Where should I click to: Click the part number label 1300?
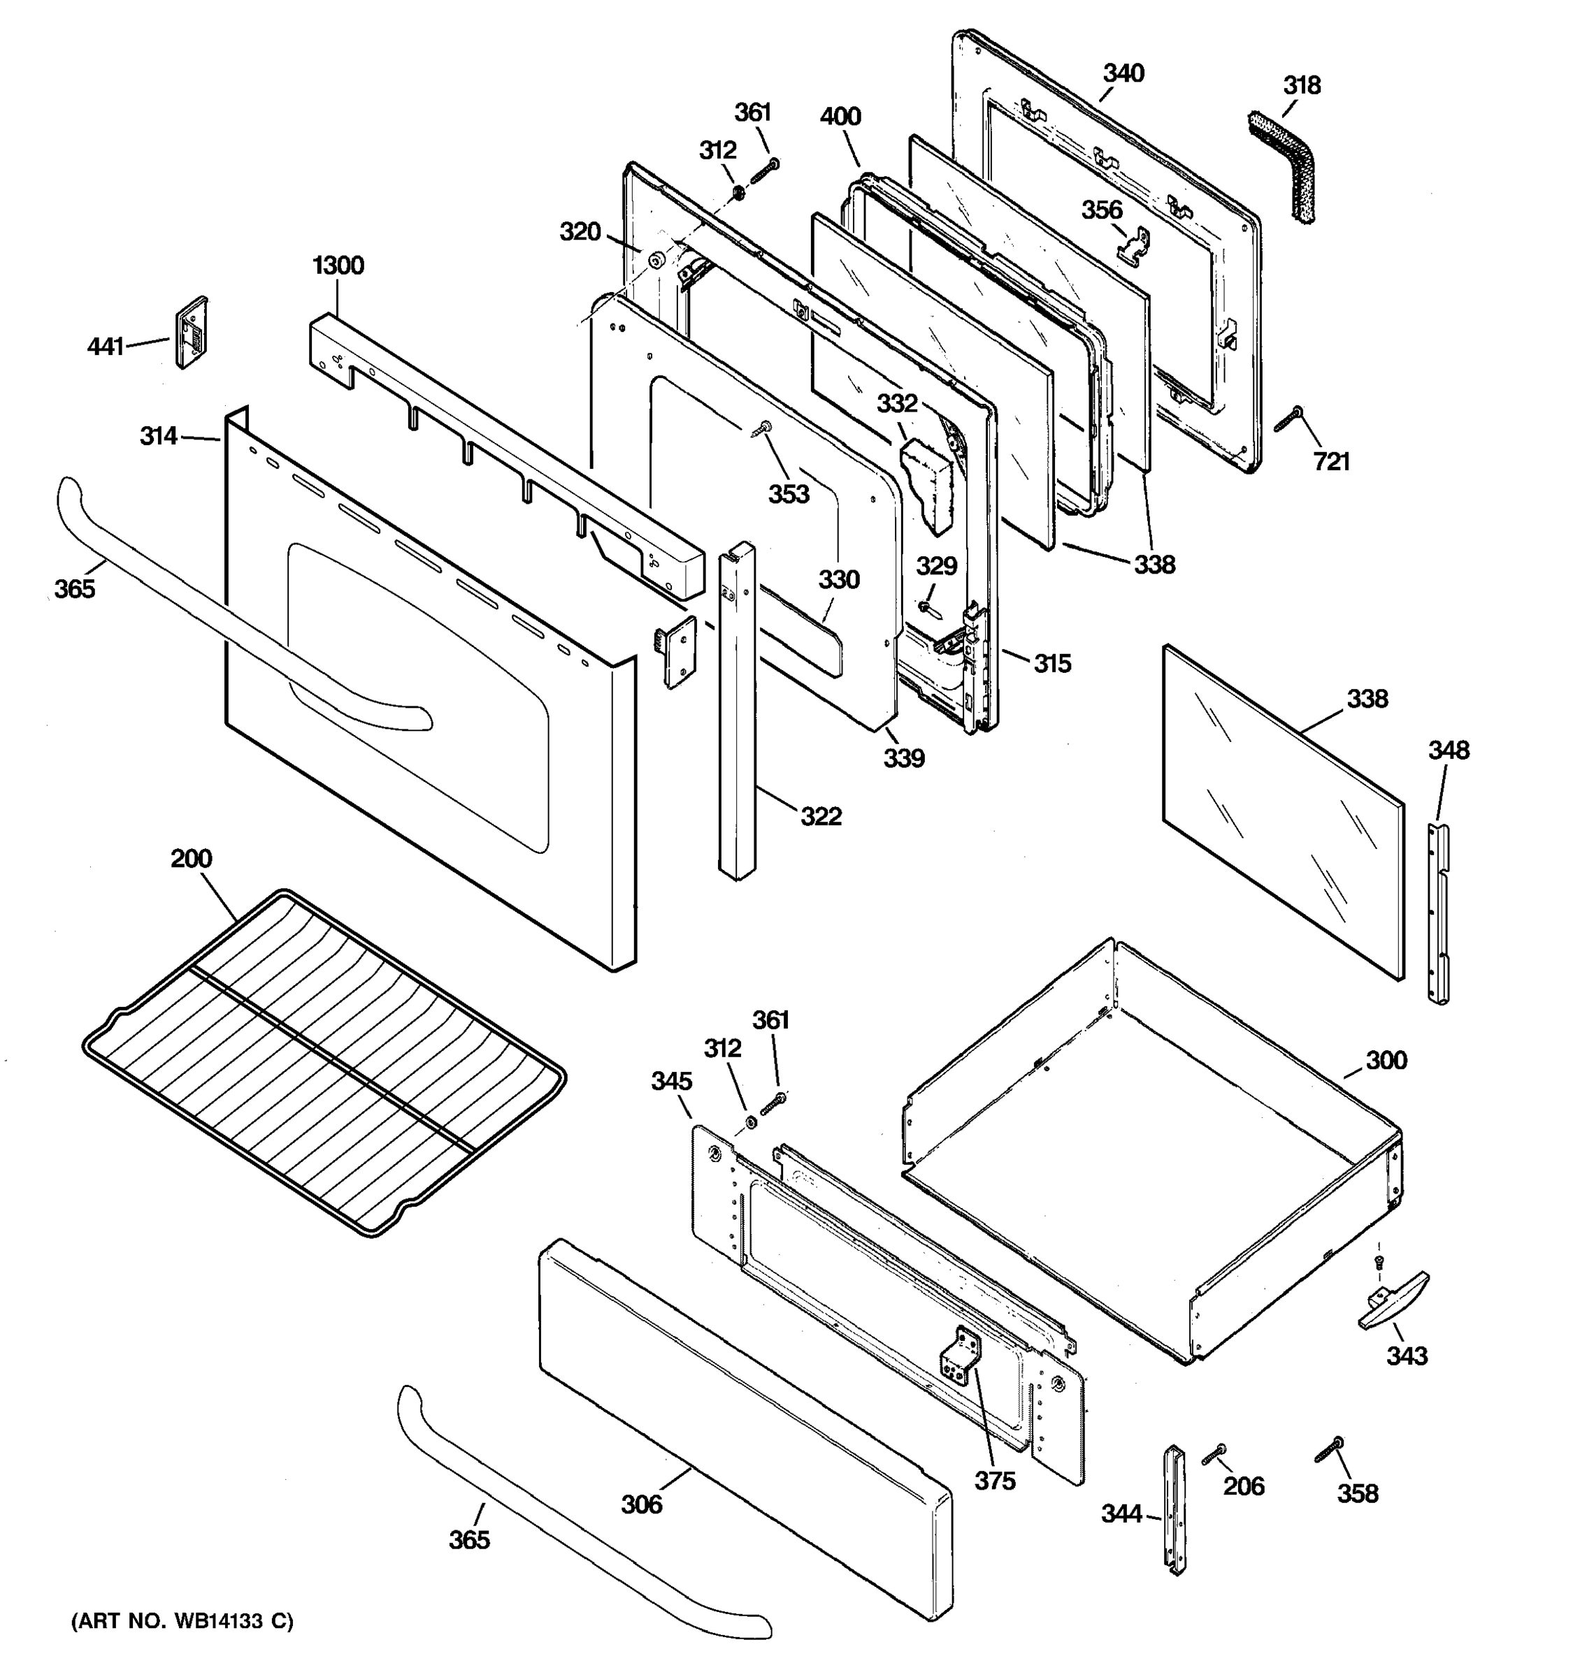[x=338, y=266]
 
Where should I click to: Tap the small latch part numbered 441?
[x=192, y=333]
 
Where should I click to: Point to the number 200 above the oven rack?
[x=191, y=859]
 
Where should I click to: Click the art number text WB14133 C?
[x=182, y=1620]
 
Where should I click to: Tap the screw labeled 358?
[x=1328, y=1450]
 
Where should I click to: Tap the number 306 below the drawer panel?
[x=641, y=1504]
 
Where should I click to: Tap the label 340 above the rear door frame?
[x=1123, y=73]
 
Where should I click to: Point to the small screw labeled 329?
[x=926, y=606]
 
